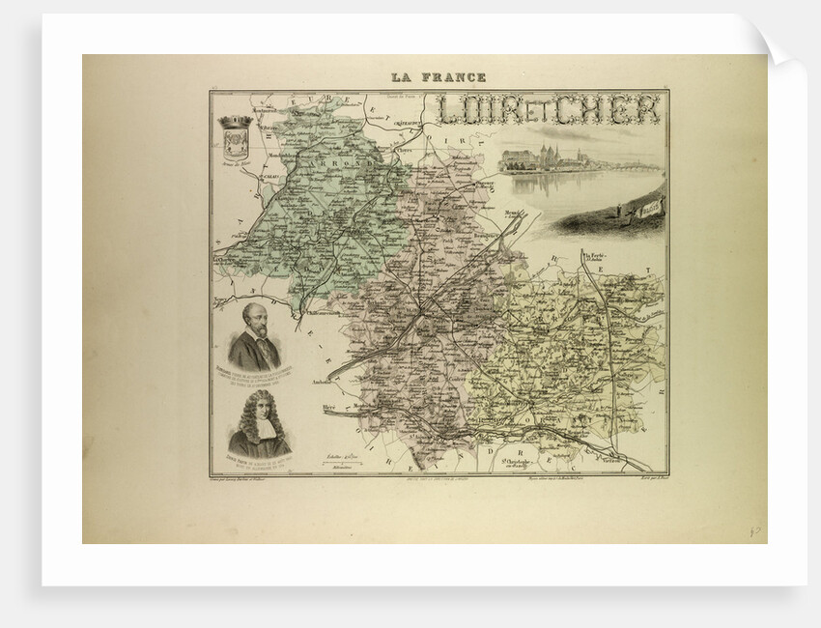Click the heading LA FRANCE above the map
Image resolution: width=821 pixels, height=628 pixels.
(439, 77)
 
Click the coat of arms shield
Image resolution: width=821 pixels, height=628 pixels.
(236, 140)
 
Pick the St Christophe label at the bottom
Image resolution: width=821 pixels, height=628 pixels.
(520, 460)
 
